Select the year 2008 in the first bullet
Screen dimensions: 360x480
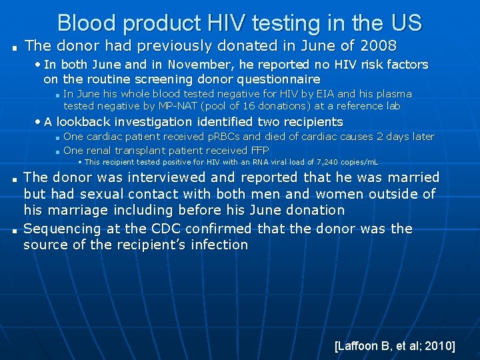pos(378,46)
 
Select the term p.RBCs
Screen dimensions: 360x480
pos(227,137)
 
